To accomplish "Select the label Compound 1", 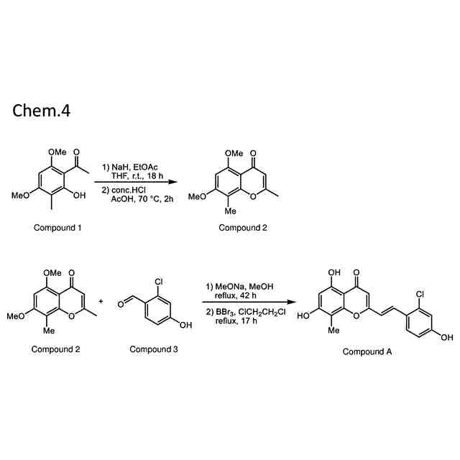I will tap(58, 228).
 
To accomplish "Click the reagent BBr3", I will tap(226, 313).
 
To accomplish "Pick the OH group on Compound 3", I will tap(186, 325).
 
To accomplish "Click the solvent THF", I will tap(120, 175).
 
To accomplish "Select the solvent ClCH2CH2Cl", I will tap(266, 313).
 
